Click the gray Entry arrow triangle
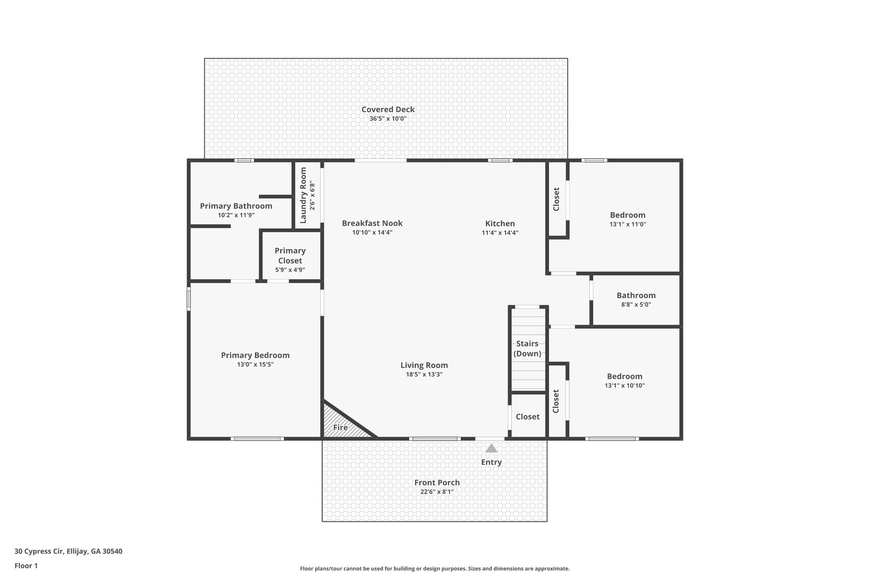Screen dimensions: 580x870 pos(491,448)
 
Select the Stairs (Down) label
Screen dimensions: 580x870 pos(527,348)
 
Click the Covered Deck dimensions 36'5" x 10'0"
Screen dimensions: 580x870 pos(388,119)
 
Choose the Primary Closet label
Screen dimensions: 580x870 pos(290,256)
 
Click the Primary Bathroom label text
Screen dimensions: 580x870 pos(236,206)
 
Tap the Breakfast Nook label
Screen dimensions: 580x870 pos(372,223)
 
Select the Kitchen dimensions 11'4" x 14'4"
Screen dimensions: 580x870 pos(500,233)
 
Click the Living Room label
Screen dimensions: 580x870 pos(424,365)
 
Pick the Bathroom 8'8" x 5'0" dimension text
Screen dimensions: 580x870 pos(636,305)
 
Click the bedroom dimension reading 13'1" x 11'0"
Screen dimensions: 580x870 pos(627,224)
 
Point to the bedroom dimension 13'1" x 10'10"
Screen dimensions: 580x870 pos(624,386)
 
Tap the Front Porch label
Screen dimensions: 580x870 pos(437,482)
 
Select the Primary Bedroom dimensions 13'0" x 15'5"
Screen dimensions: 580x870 pos(255,365)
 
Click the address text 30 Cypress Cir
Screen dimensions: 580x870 pos(68,552)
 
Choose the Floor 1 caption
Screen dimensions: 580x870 pos(26,566)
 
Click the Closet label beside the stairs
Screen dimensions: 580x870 pos(527,417)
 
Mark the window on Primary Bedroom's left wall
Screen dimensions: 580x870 pos(189,298)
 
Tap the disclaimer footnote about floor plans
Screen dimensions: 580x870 pos(435,569)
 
